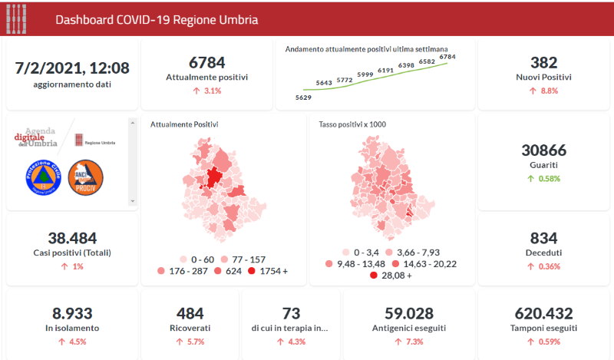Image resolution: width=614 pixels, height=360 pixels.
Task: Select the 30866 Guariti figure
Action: tap(543, 150)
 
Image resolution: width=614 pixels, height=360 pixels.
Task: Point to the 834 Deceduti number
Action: tap(543, 238)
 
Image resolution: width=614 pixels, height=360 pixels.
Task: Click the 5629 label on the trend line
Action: tap(304, 97)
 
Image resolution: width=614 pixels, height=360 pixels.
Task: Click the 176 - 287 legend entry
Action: tap(182, 272)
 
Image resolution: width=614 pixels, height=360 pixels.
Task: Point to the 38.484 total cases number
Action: tap(72, 238)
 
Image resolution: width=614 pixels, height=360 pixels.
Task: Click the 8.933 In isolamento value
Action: tap(72, 313)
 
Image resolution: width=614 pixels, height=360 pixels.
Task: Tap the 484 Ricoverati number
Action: tap(190, 313)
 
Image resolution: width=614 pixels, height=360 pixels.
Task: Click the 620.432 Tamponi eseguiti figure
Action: tap(544, 313)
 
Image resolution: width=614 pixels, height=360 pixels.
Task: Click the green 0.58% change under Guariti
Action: tap(543, 179)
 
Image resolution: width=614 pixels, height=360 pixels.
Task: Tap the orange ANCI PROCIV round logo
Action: tap(86, 177)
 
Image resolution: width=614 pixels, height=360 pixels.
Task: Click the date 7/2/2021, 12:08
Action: tap(72, 68)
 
